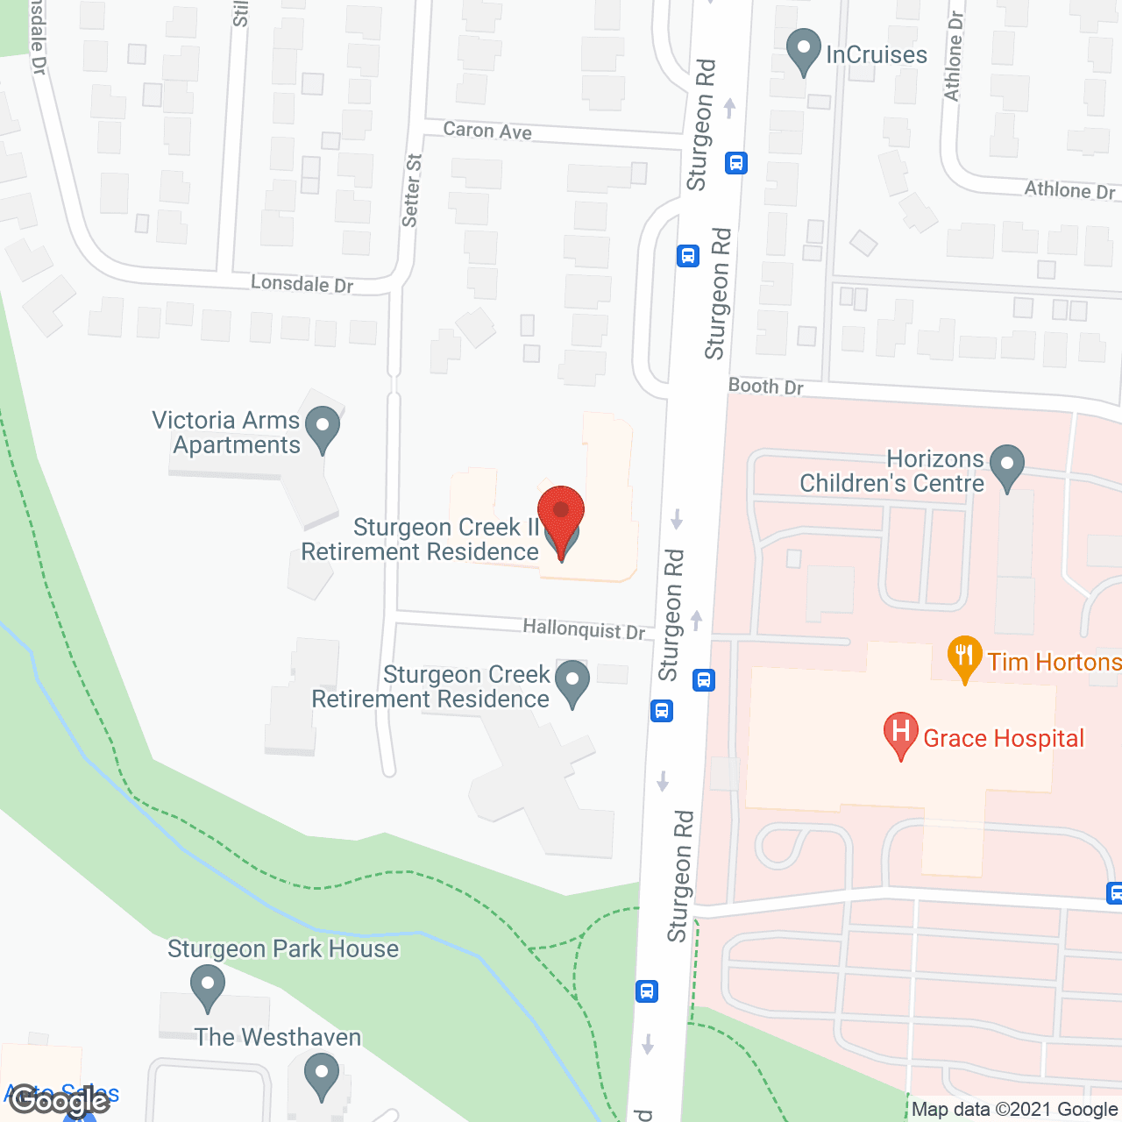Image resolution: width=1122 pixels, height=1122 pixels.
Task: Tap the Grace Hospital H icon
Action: click(900, 734)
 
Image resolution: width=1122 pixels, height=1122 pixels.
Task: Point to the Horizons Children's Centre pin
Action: click(1006, 467)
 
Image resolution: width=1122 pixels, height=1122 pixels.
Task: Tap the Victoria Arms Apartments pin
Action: click(323, 430)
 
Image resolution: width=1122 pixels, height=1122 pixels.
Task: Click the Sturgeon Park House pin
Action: click(208, 987)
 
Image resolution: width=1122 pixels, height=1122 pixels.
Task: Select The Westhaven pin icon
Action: click(322, 1075)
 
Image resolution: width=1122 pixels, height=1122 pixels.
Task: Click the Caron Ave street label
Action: click(487, 131)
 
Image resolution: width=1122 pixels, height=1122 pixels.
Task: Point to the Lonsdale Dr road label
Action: click(302, 283)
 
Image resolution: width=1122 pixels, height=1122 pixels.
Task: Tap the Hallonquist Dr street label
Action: click(584, 628)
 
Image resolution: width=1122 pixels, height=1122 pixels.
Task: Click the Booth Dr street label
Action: click(765, 386)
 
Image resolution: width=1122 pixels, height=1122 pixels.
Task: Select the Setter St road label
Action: click(411, 190)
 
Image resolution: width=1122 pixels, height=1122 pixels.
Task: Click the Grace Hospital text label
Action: click(1004, 739)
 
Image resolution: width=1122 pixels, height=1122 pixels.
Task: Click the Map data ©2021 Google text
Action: click(1013, 1110)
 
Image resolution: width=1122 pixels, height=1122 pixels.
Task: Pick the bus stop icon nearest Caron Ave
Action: click(735, 163)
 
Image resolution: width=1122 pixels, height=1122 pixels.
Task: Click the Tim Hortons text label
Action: click(1054, 662)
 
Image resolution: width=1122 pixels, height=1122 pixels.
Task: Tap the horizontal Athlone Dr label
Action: click(1069, 190)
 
